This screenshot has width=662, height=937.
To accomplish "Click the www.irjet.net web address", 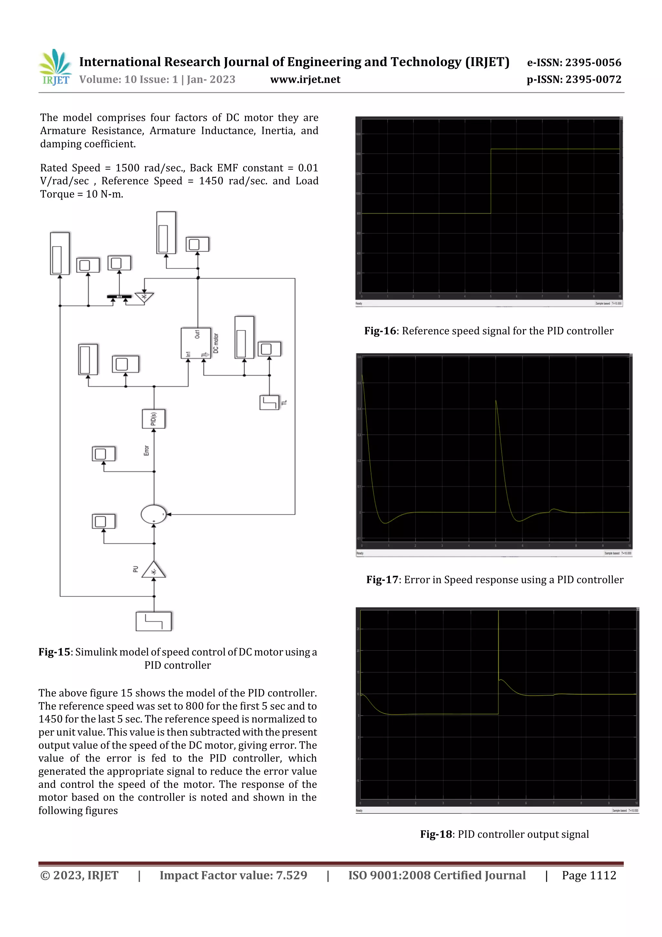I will coord(305,80).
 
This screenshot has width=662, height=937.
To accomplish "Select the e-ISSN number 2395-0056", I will coord(593,62).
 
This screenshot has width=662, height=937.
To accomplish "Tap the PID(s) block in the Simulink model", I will coord(154,419).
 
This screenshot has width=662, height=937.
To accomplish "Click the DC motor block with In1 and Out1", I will coord(196,343).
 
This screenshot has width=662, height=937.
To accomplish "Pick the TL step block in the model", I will coord(269,402).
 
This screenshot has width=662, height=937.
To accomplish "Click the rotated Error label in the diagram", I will coord(146,451).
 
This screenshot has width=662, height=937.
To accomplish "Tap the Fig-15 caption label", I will coord(54,652).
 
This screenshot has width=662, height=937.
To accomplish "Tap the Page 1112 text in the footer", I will coord(589,875).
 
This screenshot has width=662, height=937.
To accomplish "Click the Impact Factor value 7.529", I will coord(292,875).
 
